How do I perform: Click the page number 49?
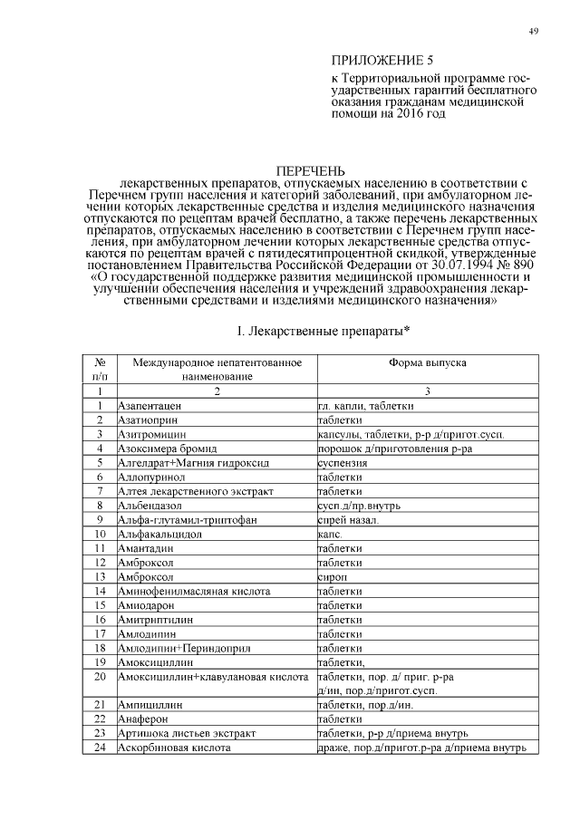[x=534, y=33]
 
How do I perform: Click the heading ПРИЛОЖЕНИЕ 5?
[x=377, y=61]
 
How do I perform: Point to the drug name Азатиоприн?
[x=148, y=420]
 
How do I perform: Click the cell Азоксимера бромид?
[x=164, y=449]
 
